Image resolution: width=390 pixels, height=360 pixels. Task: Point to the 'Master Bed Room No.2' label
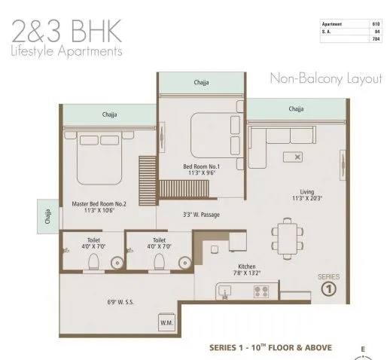click(x=99, y=204)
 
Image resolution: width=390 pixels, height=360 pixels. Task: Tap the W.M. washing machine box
click(x=166, y=322)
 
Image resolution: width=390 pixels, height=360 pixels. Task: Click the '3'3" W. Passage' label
click(x=200, y=215)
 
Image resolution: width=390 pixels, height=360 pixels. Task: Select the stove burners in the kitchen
click(x=261, y=291)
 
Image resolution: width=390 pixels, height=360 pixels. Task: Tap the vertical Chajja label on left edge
click(x=47, y=216)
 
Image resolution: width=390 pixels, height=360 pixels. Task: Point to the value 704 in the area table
click(x=375, y=38)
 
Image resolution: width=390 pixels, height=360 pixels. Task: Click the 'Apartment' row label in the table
click(x=332, y=23)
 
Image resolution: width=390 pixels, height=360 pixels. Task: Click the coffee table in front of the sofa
click(x=291, y=157)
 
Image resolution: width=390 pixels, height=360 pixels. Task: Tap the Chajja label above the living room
click(x=296, y=109)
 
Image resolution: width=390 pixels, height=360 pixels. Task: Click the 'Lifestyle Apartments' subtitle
click(x=66, y=51)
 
